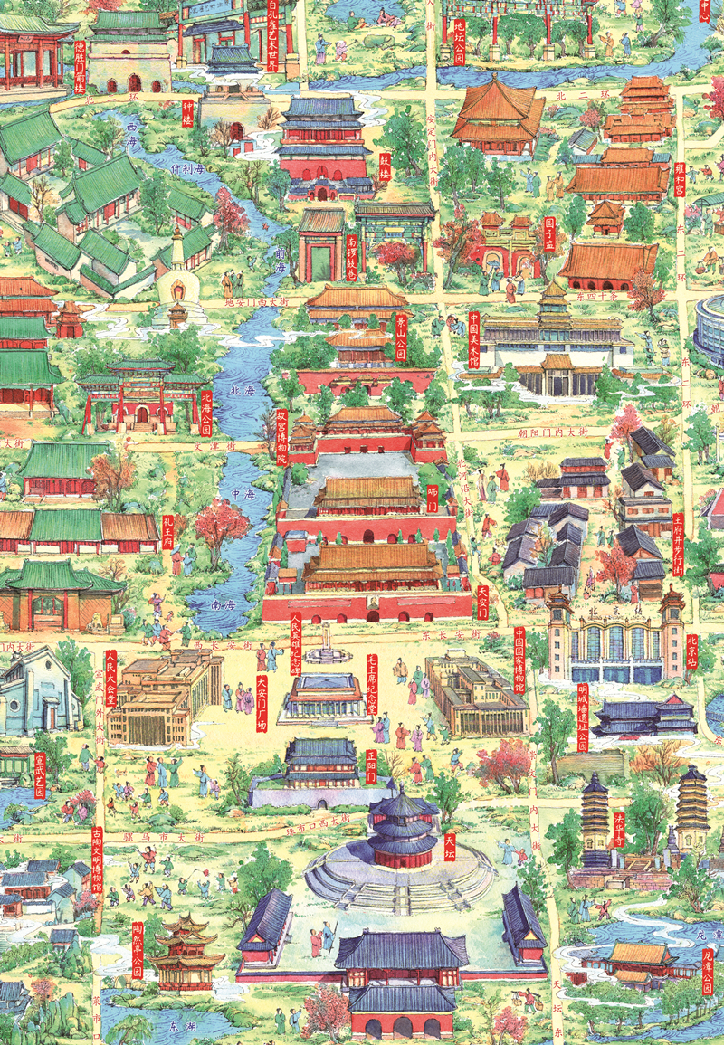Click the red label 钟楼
click(188, 112)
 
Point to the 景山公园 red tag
click(402, 336)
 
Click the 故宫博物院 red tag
click(281, 437)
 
